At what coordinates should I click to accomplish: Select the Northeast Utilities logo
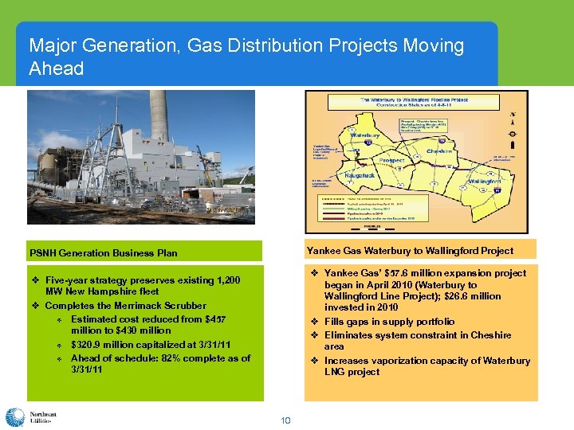pos(29,417)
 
